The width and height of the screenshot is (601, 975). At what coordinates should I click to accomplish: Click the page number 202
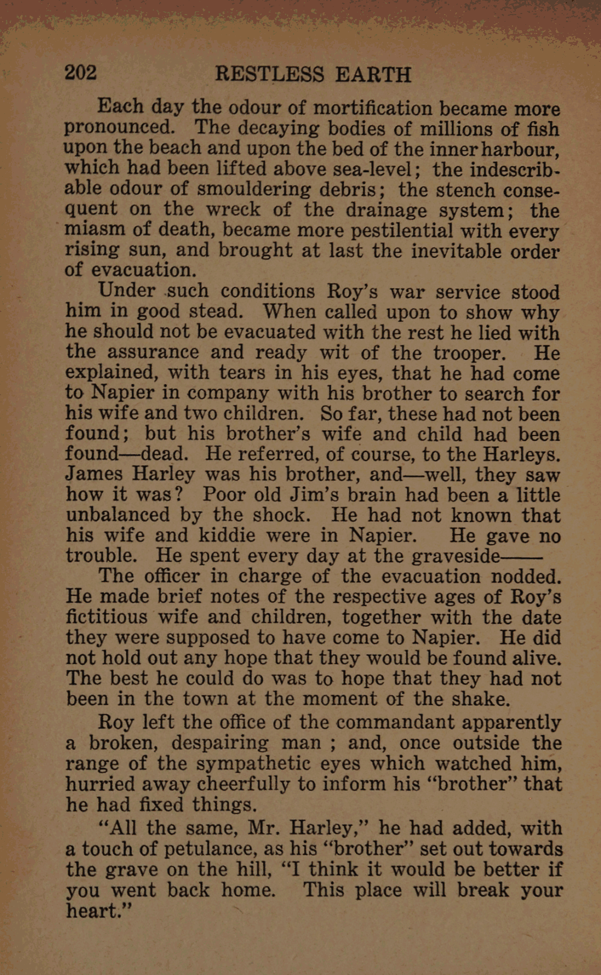pos(81,73)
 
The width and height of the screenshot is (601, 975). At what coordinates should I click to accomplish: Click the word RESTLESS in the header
pos(269,75)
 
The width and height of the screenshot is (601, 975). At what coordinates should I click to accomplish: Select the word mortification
pos(373,108)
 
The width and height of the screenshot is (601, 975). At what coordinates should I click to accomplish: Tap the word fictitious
pos(106,617)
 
